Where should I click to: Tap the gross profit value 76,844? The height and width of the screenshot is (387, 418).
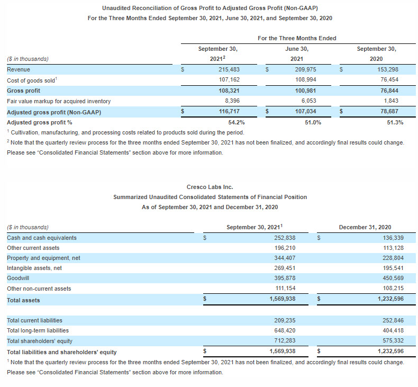coord(389,90)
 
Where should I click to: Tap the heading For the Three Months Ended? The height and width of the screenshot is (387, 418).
coord(297,38)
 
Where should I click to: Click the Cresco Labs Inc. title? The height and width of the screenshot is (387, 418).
coord(210,187)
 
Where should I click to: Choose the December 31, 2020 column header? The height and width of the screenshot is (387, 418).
coord(365,227)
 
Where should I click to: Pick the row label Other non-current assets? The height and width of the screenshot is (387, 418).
coord(39,289)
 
